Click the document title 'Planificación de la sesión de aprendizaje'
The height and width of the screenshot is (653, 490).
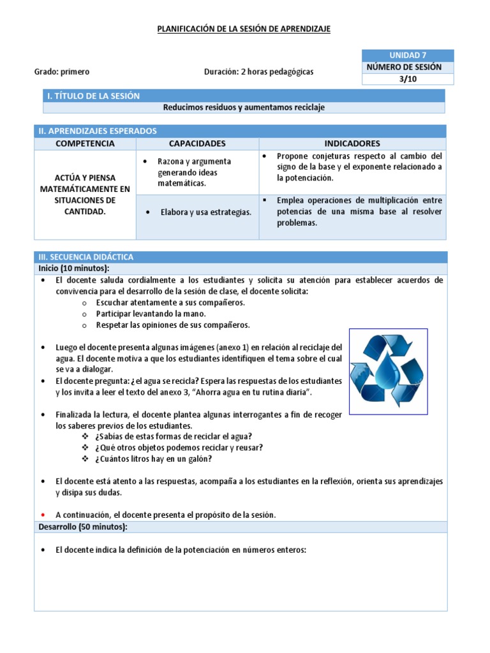[244, 29]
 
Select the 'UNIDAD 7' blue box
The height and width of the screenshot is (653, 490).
[408, 55]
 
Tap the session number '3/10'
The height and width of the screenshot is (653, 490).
[408, 78]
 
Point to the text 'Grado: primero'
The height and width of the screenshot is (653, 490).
[62, 72]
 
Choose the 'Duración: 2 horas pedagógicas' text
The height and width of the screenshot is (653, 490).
[258, 72]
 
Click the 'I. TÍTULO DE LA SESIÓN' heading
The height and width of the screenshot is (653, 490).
[93, 96]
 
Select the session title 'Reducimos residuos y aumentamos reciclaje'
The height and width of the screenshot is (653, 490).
[244, 107]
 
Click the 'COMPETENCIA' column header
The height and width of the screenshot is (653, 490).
[85, 143]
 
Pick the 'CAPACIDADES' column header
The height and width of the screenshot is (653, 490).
[197, 143]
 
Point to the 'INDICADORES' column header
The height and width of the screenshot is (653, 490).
[352, 143]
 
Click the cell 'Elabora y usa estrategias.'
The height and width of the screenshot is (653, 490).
[205, 212]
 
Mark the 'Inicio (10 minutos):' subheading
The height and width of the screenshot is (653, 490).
[73, 267]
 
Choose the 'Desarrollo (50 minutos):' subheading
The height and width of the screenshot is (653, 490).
[82, 526]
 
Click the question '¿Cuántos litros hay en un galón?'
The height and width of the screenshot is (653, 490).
[153, 459]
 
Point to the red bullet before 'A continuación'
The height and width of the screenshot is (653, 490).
[42, 515]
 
